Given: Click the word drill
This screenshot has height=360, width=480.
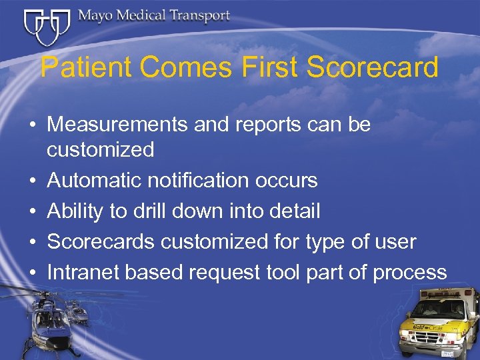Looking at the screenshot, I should point(146,211).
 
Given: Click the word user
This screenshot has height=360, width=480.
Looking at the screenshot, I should point(395,242).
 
